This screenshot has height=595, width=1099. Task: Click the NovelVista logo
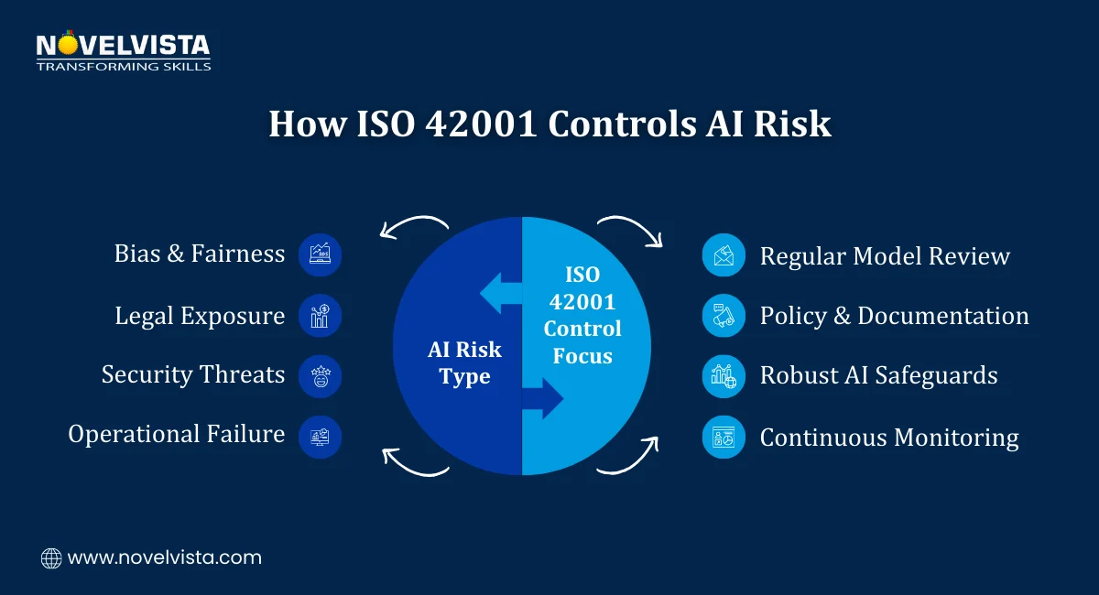123,52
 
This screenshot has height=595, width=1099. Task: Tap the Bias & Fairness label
200,254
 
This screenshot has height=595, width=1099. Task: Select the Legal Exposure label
200,316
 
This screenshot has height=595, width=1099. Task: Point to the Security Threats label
193,374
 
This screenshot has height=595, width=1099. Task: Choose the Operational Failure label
177,434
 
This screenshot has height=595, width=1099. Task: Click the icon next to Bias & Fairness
321,254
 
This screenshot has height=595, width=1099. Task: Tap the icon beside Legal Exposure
321,316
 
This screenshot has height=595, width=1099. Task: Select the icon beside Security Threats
321,375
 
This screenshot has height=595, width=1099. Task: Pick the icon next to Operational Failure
321,437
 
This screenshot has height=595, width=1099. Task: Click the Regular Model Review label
885,255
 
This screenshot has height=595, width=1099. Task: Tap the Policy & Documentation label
894,316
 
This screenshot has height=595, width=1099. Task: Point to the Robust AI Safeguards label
878,374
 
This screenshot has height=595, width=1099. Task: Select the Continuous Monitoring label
889,438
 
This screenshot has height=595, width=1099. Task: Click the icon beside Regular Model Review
724,255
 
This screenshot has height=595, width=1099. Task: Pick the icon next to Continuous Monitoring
724,437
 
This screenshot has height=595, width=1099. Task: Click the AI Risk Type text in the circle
465,363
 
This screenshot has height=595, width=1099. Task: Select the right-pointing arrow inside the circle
544,398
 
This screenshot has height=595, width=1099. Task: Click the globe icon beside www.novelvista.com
51,557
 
